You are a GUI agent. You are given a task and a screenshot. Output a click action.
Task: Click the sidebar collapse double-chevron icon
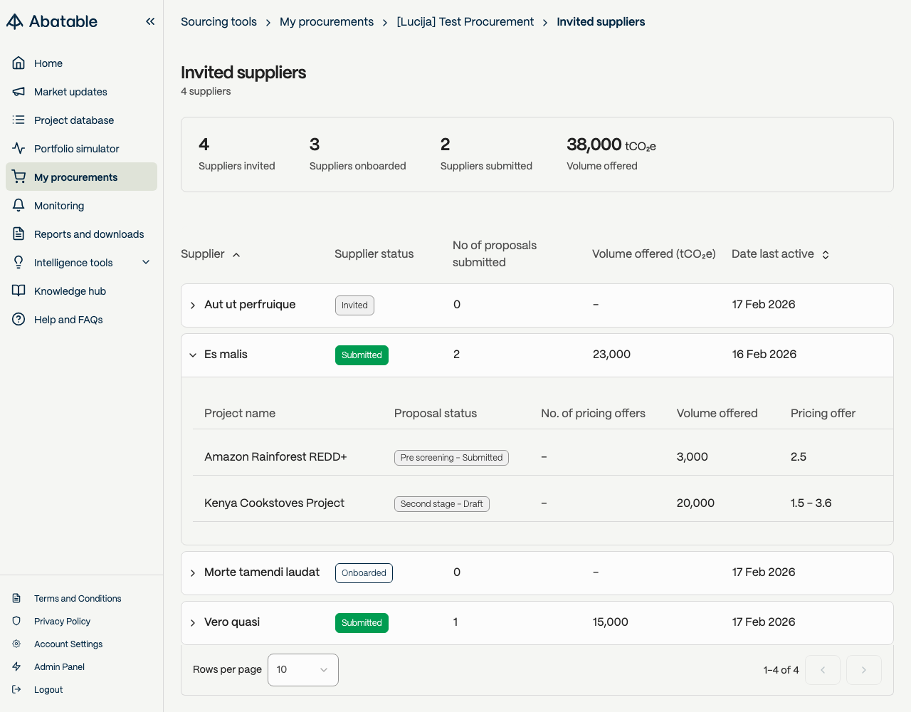(x=150, y=21)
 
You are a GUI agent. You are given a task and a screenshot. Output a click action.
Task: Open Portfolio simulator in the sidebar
(x=76, y=149)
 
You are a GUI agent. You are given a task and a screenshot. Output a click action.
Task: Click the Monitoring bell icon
(x=19, y=205)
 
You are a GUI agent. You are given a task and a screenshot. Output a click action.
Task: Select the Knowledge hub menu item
(x=70, y=291)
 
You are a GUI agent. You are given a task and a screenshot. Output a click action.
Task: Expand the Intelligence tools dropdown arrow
(x=146, y=262)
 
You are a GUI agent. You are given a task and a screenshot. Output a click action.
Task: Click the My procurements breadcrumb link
(x=327, y=22)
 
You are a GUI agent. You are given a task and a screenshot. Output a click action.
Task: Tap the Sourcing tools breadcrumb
(x=218, y=22)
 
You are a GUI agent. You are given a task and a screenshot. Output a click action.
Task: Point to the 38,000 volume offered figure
(x=594, y=145)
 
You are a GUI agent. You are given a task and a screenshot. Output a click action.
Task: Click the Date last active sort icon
(x=826, y=254)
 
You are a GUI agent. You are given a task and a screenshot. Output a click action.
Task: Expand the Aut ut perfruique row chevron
(x=193, y=305)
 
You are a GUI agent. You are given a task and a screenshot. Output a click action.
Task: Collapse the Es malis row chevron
(x=193, y=355)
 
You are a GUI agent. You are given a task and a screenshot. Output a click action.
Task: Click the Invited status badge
(x=354, y=305)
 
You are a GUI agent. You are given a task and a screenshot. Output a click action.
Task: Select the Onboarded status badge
(x=364, y=572)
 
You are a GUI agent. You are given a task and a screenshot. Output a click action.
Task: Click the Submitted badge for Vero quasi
(x=362, y=623)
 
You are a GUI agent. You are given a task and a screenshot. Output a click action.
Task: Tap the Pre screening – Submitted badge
(x=451, y=458)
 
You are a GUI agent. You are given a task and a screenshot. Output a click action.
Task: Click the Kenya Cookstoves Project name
(x=274, y=503)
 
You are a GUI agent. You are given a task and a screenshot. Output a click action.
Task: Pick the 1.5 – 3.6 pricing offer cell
(x=811, y=503)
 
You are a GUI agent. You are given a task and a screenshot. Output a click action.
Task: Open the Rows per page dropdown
(x=303, y=670)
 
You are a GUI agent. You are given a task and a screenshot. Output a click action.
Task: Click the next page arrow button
(x=863, y=670)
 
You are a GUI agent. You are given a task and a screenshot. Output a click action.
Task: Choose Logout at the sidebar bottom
(x=48, y=689)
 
